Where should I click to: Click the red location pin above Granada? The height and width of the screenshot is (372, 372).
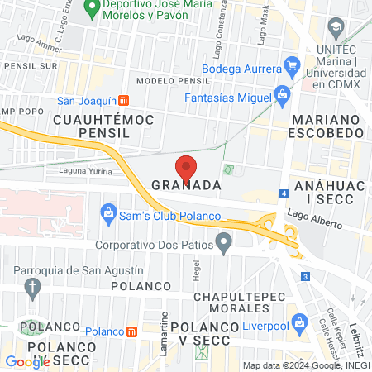point(187,166)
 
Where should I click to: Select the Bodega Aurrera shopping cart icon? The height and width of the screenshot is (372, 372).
point(291,64)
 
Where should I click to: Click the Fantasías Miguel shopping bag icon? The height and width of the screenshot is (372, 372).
point(282,94)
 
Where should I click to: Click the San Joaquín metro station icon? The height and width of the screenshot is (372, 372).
point(123,103)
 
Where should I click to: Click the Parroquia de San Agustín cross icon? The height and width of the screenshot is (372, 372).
point(33,288)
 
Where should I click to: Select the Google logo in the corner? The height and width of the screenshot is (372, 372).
point(27,361)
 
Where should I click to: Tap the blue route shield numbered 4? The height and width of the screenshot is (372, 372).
point(284,193)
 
